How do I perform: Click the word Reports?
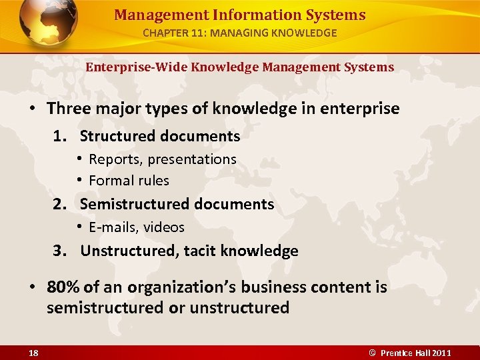tap(115, 159)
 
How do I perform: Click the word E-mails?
tap(112, 227)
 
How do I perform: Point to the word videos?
tap(163, 227)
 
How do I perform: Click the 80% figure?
tap(63, 287)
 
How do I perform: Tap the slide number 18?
tap(33, 353)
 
